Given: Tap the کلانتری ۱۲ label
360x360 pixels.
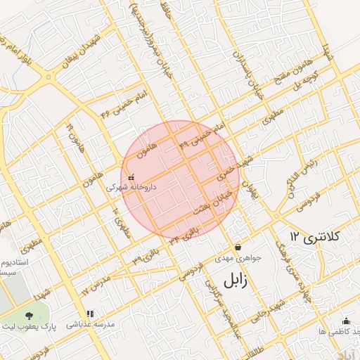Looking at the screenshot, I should click(x=315, y=237).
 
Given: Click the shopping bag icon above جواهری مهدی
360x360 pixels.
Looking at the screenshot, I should click(x=238, y=247).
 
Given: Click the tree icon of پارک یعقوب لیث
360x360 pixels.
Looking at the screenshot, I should click(x=29, y=317).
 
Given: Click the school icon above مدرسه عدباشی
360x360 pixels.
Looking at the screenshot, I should click(x=89, y=314).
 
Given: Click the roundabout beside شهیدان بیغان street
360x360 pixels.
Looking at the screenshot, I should click(x=49, y=77).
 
